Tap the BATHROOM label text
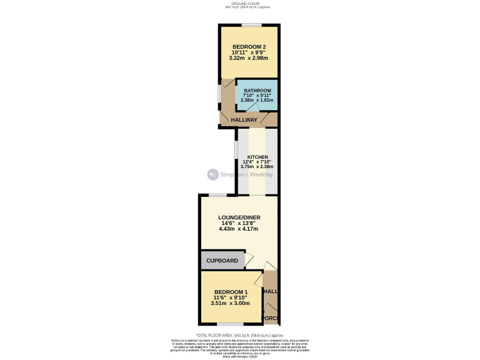(257, 91)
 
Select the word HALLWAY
(244, 120)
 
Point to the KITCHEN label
(257, 157)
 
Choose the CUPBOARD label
(222, 261)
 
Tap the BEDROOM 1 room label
(231, 292)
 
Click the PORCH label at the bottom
(270, 319)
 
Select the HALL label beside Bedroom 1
(270, 292)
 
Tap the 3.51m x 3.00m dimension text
(231, 303)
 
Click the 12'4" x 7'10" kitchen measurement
(257, 162)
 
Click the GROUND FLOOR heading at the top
(239, 3)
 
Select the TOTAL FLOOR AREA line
(239, 335)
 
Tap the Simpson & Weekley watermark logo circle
(212, 175)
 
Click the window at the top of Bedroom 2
(251, 25)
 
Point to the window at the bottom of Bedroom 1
(230, 324)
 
